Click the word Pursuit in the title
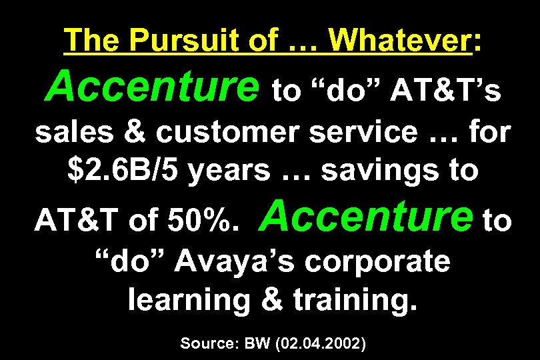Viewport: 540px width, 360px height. pyautogui.click(x=167, y=41)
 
